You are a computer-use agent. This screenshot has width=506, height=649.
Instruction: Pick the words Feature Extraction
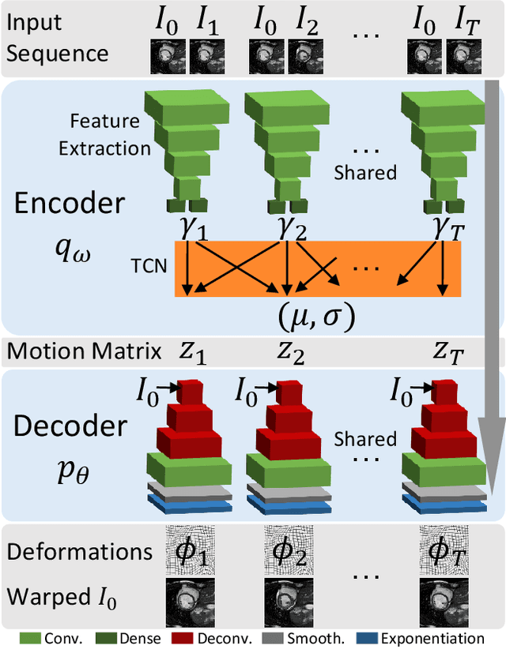click(110, 135)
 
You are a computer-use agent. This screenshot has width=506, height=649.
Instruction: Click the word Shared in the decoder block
click(364, 440)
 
